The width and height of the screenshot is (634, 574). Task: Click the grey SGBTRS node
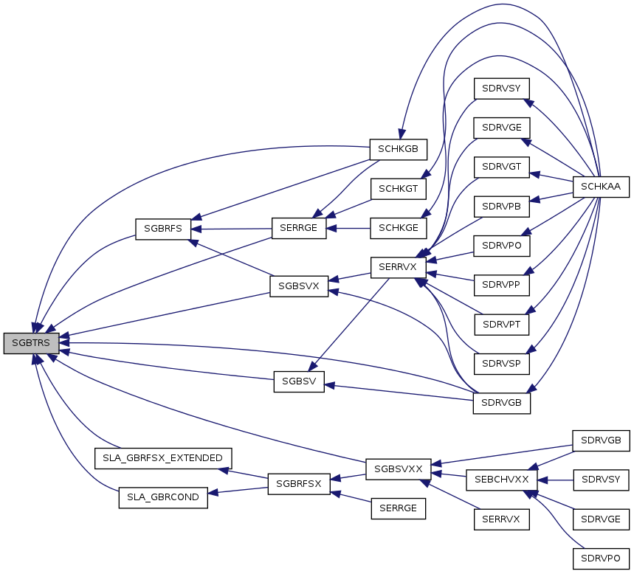(31, 343)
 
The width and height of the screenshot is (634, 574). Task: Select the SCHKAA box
(601, 187)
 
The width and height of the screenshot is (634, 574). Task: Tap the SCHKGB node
(399, 149)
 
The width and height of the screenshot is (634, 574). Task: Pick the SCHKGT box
(399, 189)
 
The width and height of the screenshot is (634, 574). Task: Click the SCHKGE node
(399, 228)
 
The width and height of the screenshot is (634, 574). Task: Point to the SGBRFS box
(163, 229)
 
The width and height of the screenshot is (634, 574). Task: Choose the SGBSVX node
(299, 286)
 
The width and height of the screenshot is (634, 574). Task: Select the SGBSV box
(299, 381)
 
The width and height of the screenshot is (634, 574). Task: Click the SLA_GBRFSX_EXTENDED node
(163, 458)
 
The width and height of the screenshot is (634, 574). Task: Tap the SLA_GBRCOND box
(163, 497)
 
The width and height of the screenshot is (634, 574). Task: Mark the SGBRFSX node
(299, 484)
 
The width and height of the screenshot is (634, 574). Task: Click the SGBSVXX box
(399, 469)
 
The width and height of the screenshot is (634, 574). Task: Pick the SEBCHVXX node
(502, 480)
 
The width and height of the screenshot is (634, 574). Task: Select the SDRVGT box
(502, 167)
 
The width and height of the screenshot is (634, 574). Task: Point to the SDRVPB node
(502, 207)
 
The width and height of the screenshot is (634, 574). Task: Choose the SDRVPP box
(501, 285)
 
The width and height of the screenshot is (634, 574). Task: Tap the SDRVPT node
(502, 325)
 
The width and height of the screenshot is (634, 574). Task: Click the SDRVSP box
(501, 364)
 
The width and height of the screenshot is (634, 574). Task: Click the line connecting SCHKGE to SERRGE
(348, 229)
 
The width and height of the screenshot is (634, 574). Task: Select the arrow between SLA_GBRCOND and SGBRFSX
(238, 491)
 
